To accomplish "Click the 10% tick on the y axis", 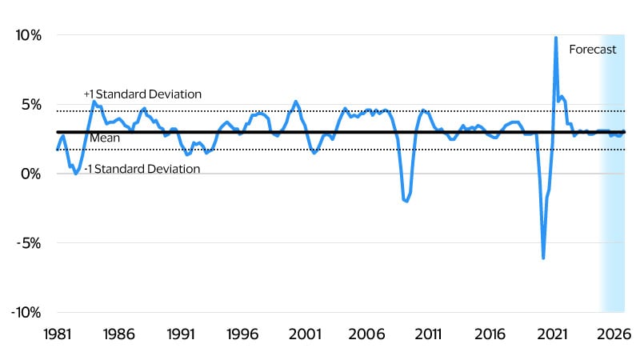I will [x=29, y=35].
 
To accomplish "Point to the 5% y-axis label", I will [x=31, y=105].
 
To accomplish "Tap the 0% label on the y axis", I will [x=31, y=174].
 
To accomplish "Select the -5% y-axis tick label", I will [x=30, y=243].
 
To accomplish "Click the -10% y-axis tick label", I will [x=26, y=312].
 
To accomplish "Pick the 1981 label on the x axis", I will [x=57, y=334].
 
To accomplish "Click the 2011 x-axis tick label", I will [x=428, y=334].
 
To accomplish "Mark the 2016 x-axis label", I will [x=490, y=334].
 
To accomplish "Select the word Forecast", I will [x=593, y=50].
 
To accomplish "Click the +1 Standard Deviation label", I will [x=142, y=94].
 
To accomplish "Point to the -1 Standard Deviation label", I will [x=142, y=169].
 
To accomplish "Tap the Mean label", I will [x=104, y=138].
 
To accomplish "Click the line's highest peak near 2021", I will [x=555, y=38].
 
